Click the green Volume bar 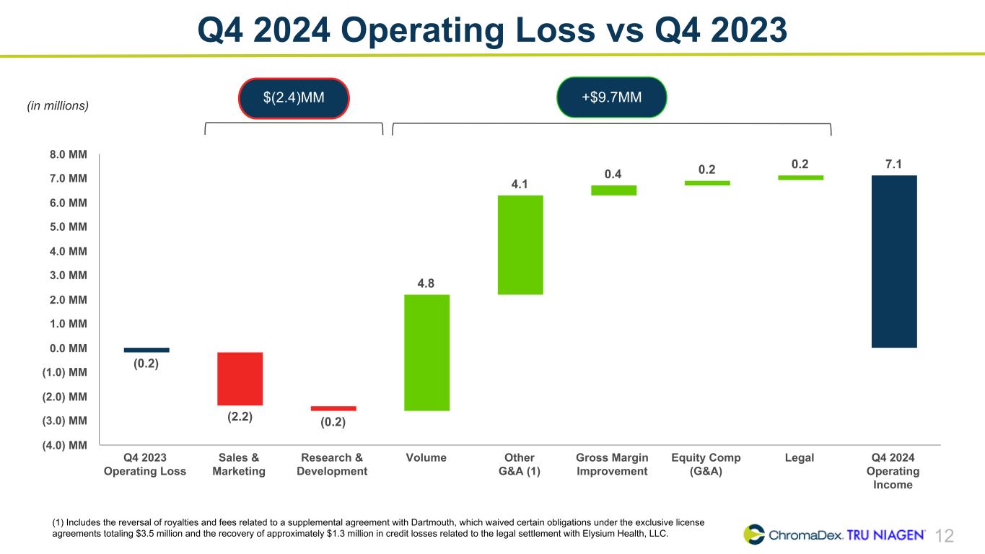pyautogui.click(x=426, y=352)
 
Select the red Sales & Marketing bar pyautogui.click(x=240, y=379)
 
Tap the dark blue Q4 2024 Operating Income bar pyautogui.click(x=894, y=261)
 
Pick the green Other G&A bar pyautogui.click(x=520, y=245)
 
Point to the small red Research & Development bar pyautogui.click(x=333, y=408)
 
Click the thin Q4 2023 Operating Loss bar pyautogui.click(x=146, y=350)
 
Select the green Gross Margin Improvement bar pyautogui.click(x=613, y=190)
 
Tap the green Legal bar pyautogui.click(x=800, y=177)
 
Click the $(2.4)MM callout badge pyautogui.click(x=294, y=97)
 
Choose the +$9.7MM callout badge pyautogui.click(x=612, y=97)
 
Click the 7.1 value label pyautogui.click(x=893, y=164)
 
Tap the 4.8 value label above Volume pyautogui.click(x=426, y=283)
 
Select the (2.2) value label pyautogui.click(x=240, y=416)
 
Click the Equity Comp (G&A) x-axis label pyautogui.click(x=706, y=465)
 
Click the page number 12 pyautogui.click(x=945, y=536)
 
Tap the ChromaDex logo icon pyautogui.click(x=755, y=535)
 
